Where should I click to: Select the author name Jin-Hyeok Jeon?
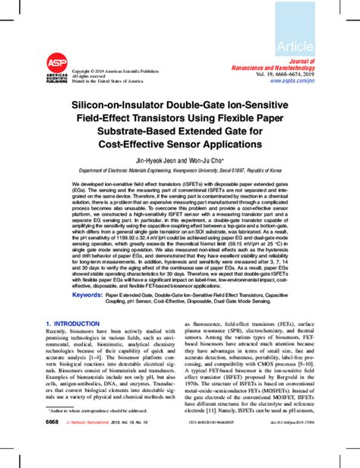156,160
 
